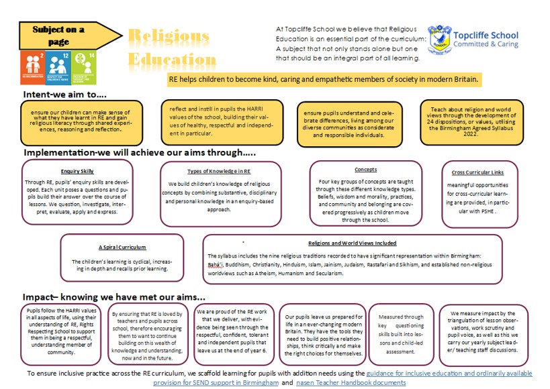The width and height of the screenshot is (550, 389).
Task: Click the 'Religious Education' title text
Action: point(168,48)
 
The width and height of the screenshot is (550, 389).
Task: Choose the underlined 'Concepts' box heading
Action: point(366,170)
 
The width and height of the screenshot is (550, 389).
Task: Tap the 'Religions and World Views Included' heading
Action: point(352,243)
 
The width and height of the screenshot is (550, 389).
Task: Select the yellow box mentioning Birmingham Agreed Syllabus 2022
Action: point(478,121)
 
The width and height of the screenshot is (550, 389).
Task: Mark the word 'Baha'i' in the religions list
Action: point(216,265)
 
